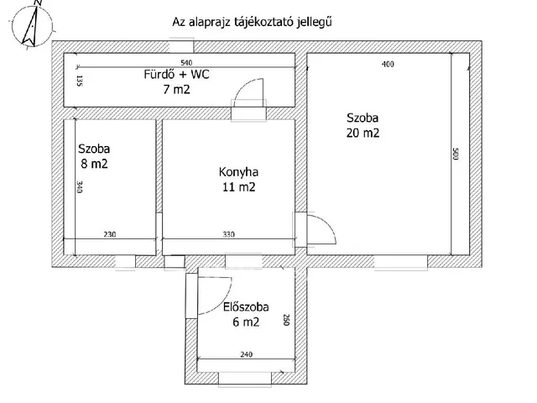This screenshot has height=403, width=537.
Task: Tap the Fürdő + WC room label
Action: click(x=177, y=75)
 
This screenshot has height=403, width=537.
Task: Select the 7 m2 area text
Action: click(x=177, y=90)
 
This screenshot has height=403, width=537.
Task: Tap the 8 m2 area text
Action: click(x=93, y=164)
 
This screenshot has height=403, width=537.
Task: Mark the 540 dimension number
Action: click(x=186, y=64)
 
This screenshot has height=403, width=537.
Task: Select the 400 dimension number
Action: click(x=387, y=64)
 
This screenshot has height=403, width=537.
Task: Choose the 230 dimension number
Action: click(x=110, y=235)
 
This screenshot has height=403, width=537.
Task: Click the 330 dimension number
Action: click(x=228, y=235)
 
